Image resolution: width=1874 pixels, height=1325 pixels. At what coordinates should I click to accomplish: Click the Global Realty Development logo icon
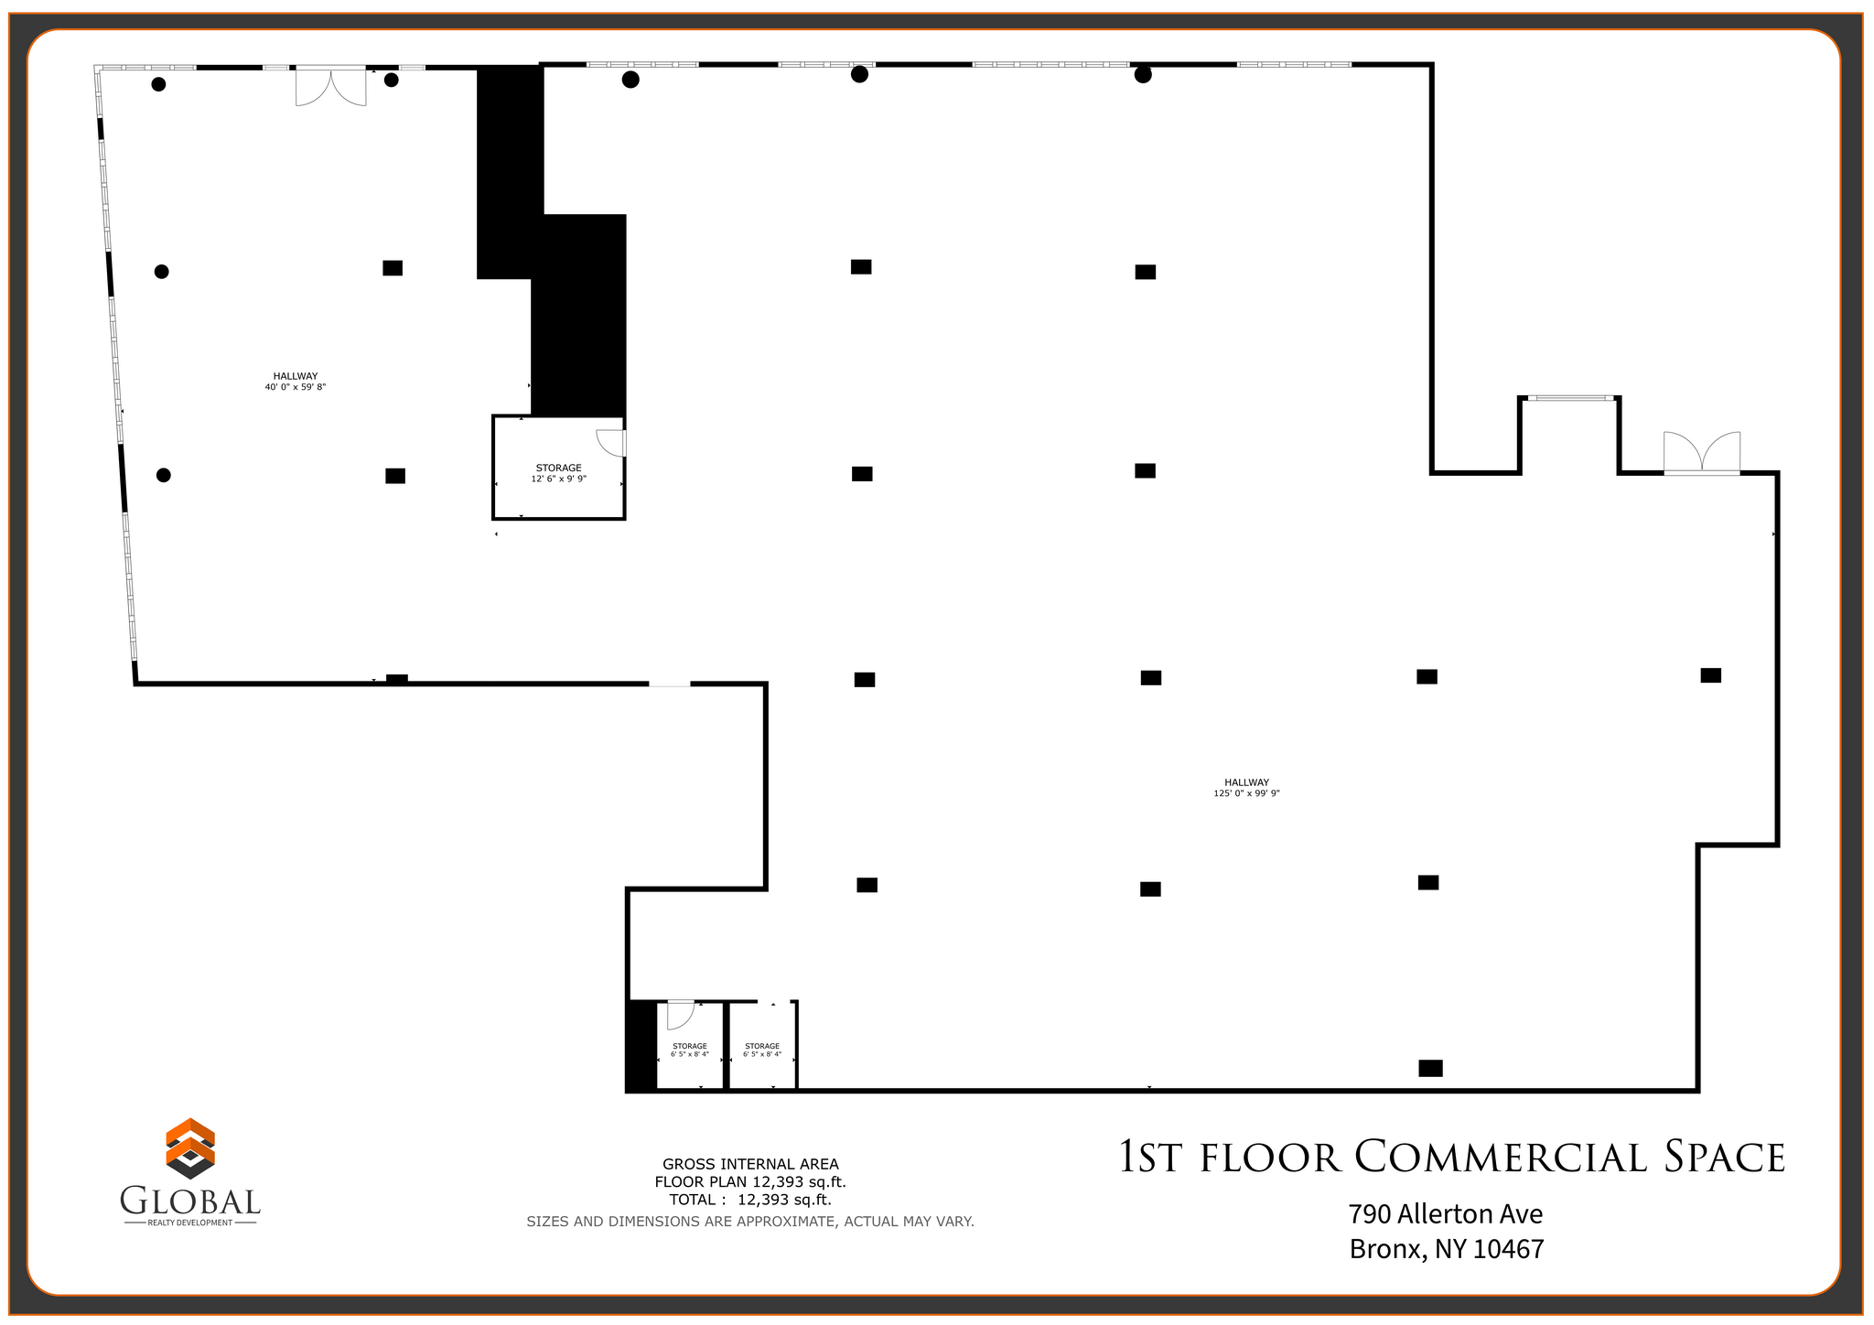[190, 1148]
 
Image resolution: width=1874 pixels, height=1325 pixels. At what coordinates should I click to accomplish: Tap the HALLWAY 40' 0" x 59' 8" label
[295, 382]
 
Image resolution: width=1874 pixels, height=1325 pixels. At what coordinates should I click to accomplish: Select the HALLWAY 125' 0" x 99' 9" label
[1246, 788]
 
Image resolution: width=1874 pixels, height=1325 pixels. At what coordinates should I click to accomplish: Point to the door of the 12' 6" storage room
[611, 442]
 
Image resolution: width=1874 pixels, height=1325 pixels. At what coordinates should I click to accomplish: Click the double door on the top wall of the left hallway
[330, 86]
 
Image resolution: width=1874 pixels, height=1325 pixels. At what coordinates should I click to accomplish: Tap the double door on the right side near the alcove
[1701, 454]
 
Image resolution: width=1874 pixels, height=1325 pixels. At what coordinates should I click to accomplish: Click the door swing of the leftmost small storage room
[679, 1014]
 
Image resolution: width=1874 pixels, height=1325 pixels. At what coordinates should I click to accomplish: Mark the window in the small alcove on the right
[1570, 398]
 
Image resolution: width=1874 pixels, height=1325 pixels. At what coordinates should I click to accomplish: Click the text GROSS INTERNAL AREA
[750, 1164]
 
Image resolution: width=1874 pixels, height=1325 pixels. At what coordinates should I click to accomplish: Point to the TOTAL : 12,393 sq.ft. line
[750, 1200]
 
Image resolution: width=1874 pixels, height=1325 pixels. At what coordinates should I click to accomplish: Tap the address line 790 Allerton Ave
[1445, 1214]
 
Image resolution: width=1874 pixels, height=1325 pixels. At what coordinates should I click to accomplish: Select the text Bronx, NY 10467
[1446, 1249]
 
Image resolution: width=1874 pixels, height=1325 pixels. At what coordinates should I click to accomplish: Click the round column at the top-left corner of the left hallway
[158, 84]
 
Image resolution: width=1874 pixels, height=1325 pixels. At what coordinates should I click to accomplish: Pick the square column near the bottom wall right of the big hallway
[1430, 1068]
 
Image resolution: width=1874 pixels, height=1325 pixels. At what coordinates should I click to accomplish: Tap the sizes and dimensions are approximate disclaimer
[750, 1222]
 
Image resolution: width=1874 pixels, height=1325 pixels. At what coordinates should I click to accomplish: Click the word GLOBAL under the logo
[190, 1201]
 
